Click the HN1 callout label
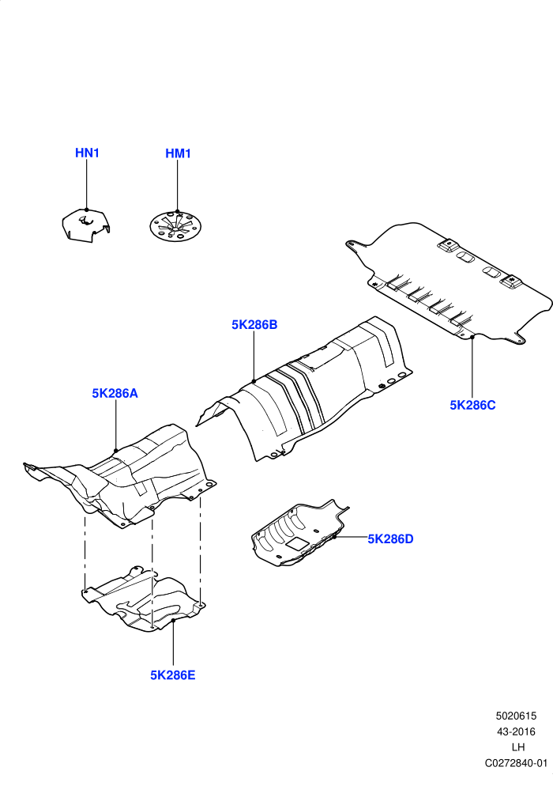87,153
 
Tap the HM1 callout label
178,153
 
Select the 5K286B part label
254,325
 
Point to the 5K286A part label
115,394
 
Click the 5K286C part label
472,405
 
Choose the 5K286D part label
391,538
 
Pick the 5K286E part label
173,675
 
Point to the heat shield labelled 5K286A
126,476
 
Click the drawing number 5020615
516,716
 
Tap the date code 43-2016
516,732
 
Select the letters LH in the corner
518,747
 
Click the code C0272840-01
516,763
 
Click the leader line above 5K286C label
472,368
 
